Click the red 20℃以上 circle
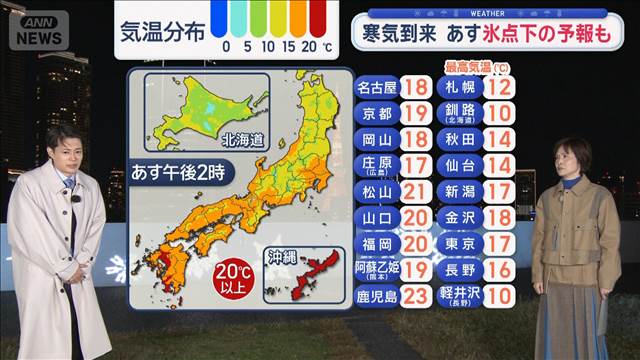click(x=237, y=277)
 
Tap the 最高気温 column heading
click(x=471, y=67)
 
